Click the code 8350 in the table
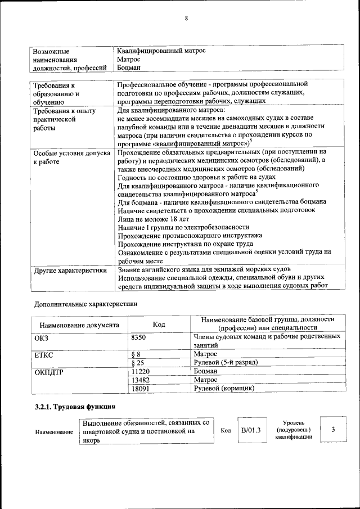[x=138, y=336]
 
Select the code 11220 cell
[x=140, y=371]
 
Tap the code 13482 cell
[x=140, y=380]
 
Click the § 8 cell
[x=135, y=354]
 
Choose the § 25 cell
[x=137, y=363]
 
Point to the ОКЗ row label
[x=43, y=336]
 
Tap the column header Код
[x=159, y=325]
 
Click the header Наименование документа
[x=79, y=325]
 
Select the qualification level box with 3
[x=334, y=430]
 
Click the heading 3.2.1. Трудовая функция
[x=75, y=406]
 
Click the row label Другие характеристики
[x=70, y=271]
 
